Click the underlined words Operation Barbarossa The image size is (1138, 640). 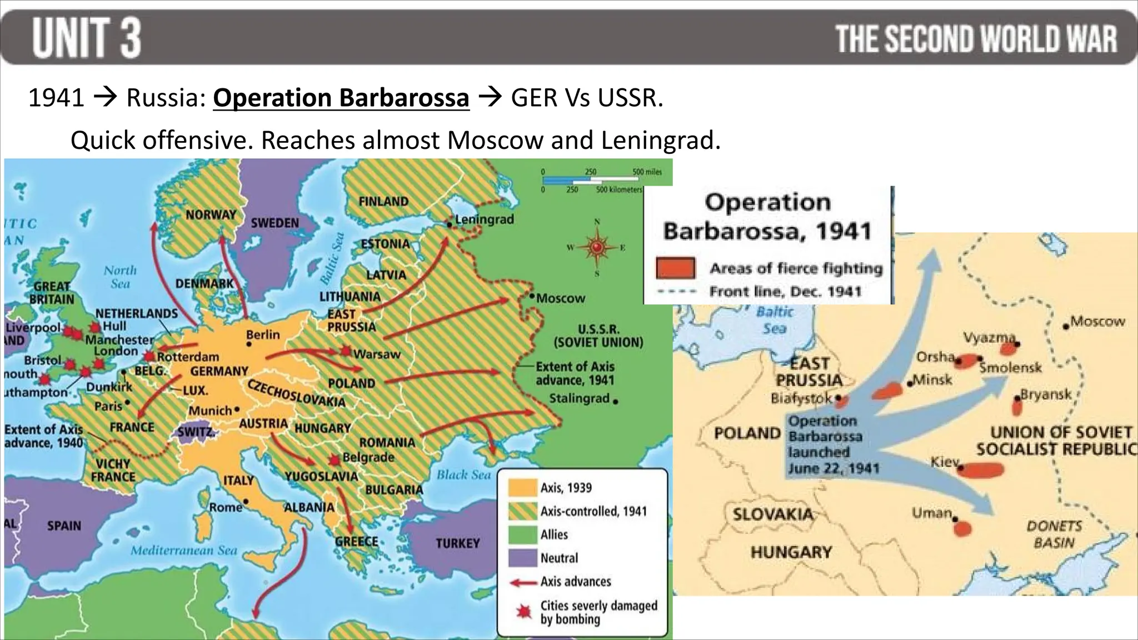click(341, 98)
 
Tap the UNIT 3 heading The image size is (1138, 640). click(87, 38)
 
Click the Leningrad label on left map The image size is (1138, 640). click(484, 219)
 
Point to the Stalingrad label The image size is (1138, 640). click(579, 398)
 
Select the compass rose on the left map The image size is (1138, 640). click(597, 247)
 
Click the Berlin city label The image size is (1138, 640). click(263, 334)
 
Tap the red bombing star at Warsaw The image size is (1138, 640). click(346, 351)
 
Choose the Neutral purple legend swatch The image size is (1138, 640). click(522, 558)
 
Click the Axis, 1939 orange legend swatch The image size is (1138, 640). click(522, 488)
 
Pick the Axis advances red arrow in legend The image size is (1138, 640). click(522, 582)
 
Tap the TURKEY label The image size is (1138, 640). click(457, 543)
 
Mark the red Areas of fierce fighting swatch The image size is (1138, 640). click(675, 268)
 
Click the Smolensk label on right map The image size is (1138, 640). click(1010, 368)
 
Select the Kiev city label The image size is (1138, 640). click(945, 462)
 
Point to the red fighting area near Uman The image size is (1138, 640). click(963, 528)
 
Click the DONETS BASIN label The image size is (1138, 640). click(1054, 534)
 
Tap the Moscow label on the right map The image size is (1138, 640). click(1097, 321)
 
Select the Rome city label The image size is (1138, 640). click(225, 507)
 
